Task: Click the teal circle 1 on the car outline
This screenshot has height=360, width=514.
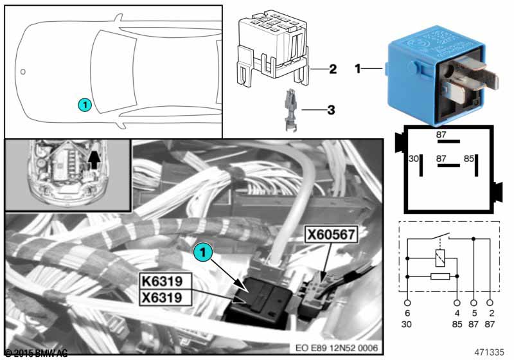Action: [x=84, y=104]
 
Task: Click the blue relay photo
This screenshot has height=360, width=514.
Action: [x=439, y=78]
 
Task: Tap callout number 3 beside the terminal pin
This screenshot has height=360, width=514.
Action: [x=331, y=110]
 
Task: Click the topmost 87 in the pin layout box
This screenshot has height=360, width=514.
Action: [x=441, y=134]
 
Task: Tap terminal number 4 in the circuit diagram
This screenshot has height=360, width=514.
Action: [x=457, y=312]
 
